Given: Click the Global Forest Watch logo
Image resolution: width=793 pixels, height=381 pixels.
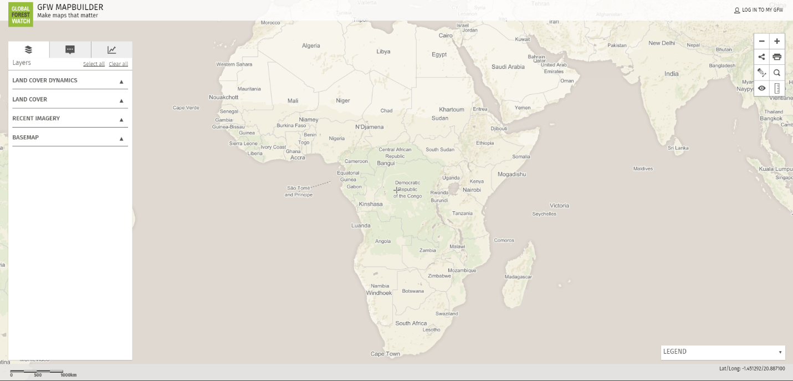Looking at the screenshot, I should coord(21,14).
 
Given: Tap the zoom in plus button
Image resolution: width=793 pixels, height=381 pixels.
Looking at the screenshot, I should coord(777,41).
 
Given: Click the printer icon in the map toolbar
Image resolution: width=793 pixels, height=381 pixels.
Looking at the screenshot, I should coord(777,57).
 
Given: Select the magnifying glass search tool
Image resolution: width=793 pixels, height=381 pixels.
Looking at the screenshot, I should coord(777,73).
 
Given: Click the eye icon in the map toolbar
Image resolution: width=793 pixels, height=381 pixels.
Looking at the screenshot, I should coord(762,88).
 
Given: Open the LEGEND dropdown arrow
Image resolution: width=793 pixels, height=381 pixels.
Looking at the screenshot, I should coord(780,352).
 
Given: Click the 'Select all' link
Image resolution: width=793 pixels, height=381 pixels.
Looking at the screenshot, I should coord(94,64).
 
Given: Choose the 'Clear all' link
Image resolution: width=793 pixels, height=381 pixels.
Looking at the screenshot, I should coord(118,64).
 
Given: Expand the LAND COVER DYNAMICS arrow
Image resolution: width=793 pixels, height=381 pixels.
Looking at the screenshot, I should coord(121,82).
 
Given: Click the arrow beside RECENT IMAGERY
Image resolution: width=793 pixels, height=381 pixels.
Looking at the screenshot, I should coord(121,119).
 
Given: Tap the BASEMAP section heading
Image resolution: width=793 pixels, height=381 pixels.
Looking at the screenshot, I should coord(25,137).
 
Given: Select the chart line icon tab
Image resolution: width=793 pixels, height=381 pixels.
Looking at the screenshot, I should coord(112,50).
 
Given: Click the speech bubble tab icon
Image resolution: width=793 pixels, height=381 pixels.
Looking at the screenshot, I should coord(70,50).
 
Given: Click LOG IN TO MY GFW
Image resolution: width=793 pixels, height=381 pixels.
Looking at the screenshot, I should coord(759,10).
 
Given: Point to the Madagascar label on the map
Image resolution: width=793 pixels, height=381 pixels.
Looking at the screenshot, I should coord(518,277).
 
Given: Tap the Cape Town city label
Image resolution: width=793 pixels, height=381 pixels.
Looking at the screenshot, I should coord(385,354).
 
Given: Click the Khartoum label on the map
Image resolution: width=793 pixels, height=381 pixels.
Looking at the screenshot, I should coord(452,109).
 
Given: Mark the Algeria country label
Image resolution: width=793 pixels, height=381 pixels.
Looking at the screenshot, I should coord(311,45).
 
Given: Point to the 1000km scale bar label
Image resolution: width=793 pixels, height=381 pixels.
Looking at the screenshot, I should coord(68,375).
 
